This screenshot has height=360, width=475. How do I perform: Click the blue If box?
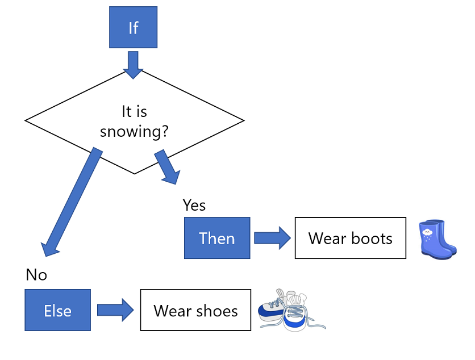(133, 28)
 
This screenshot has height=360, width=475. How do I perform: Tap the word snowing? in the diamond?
(134, 131)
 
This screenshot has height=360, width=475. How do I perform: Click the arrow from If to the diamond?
(133, 64)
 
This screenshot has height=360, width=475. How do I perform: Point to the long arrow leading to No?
(71, 199)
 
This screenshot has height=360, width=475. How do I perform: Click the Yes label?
(194, 205)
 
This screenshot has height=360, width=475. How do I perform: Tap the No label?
(36, 275)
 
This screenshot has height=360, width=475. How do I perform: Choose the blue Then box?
(217, 238)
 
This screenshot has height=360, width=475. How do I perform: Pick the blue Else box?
(57, 310)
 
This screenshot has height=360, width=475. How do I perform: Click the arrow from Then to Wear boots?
(272, 238)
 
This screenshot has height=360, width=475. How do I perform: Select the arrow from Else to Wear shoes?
(115, 310)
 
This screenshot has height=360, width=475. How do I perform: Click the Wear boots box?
(350, 238)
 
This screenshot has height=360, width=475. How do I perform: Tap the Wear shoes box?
(195, 310)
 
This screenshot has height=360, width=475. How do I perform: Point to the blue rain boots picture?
(437, 239)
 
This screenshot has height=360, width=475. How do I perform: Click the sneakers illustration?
(290, 311)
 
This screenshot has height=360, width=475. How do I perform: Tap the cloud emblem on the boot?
(427, 231)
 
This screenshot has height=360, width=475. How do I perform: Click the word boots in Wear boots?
(371, 238)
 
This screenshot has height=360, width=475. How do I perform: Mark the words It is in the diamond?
(135, 111)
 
